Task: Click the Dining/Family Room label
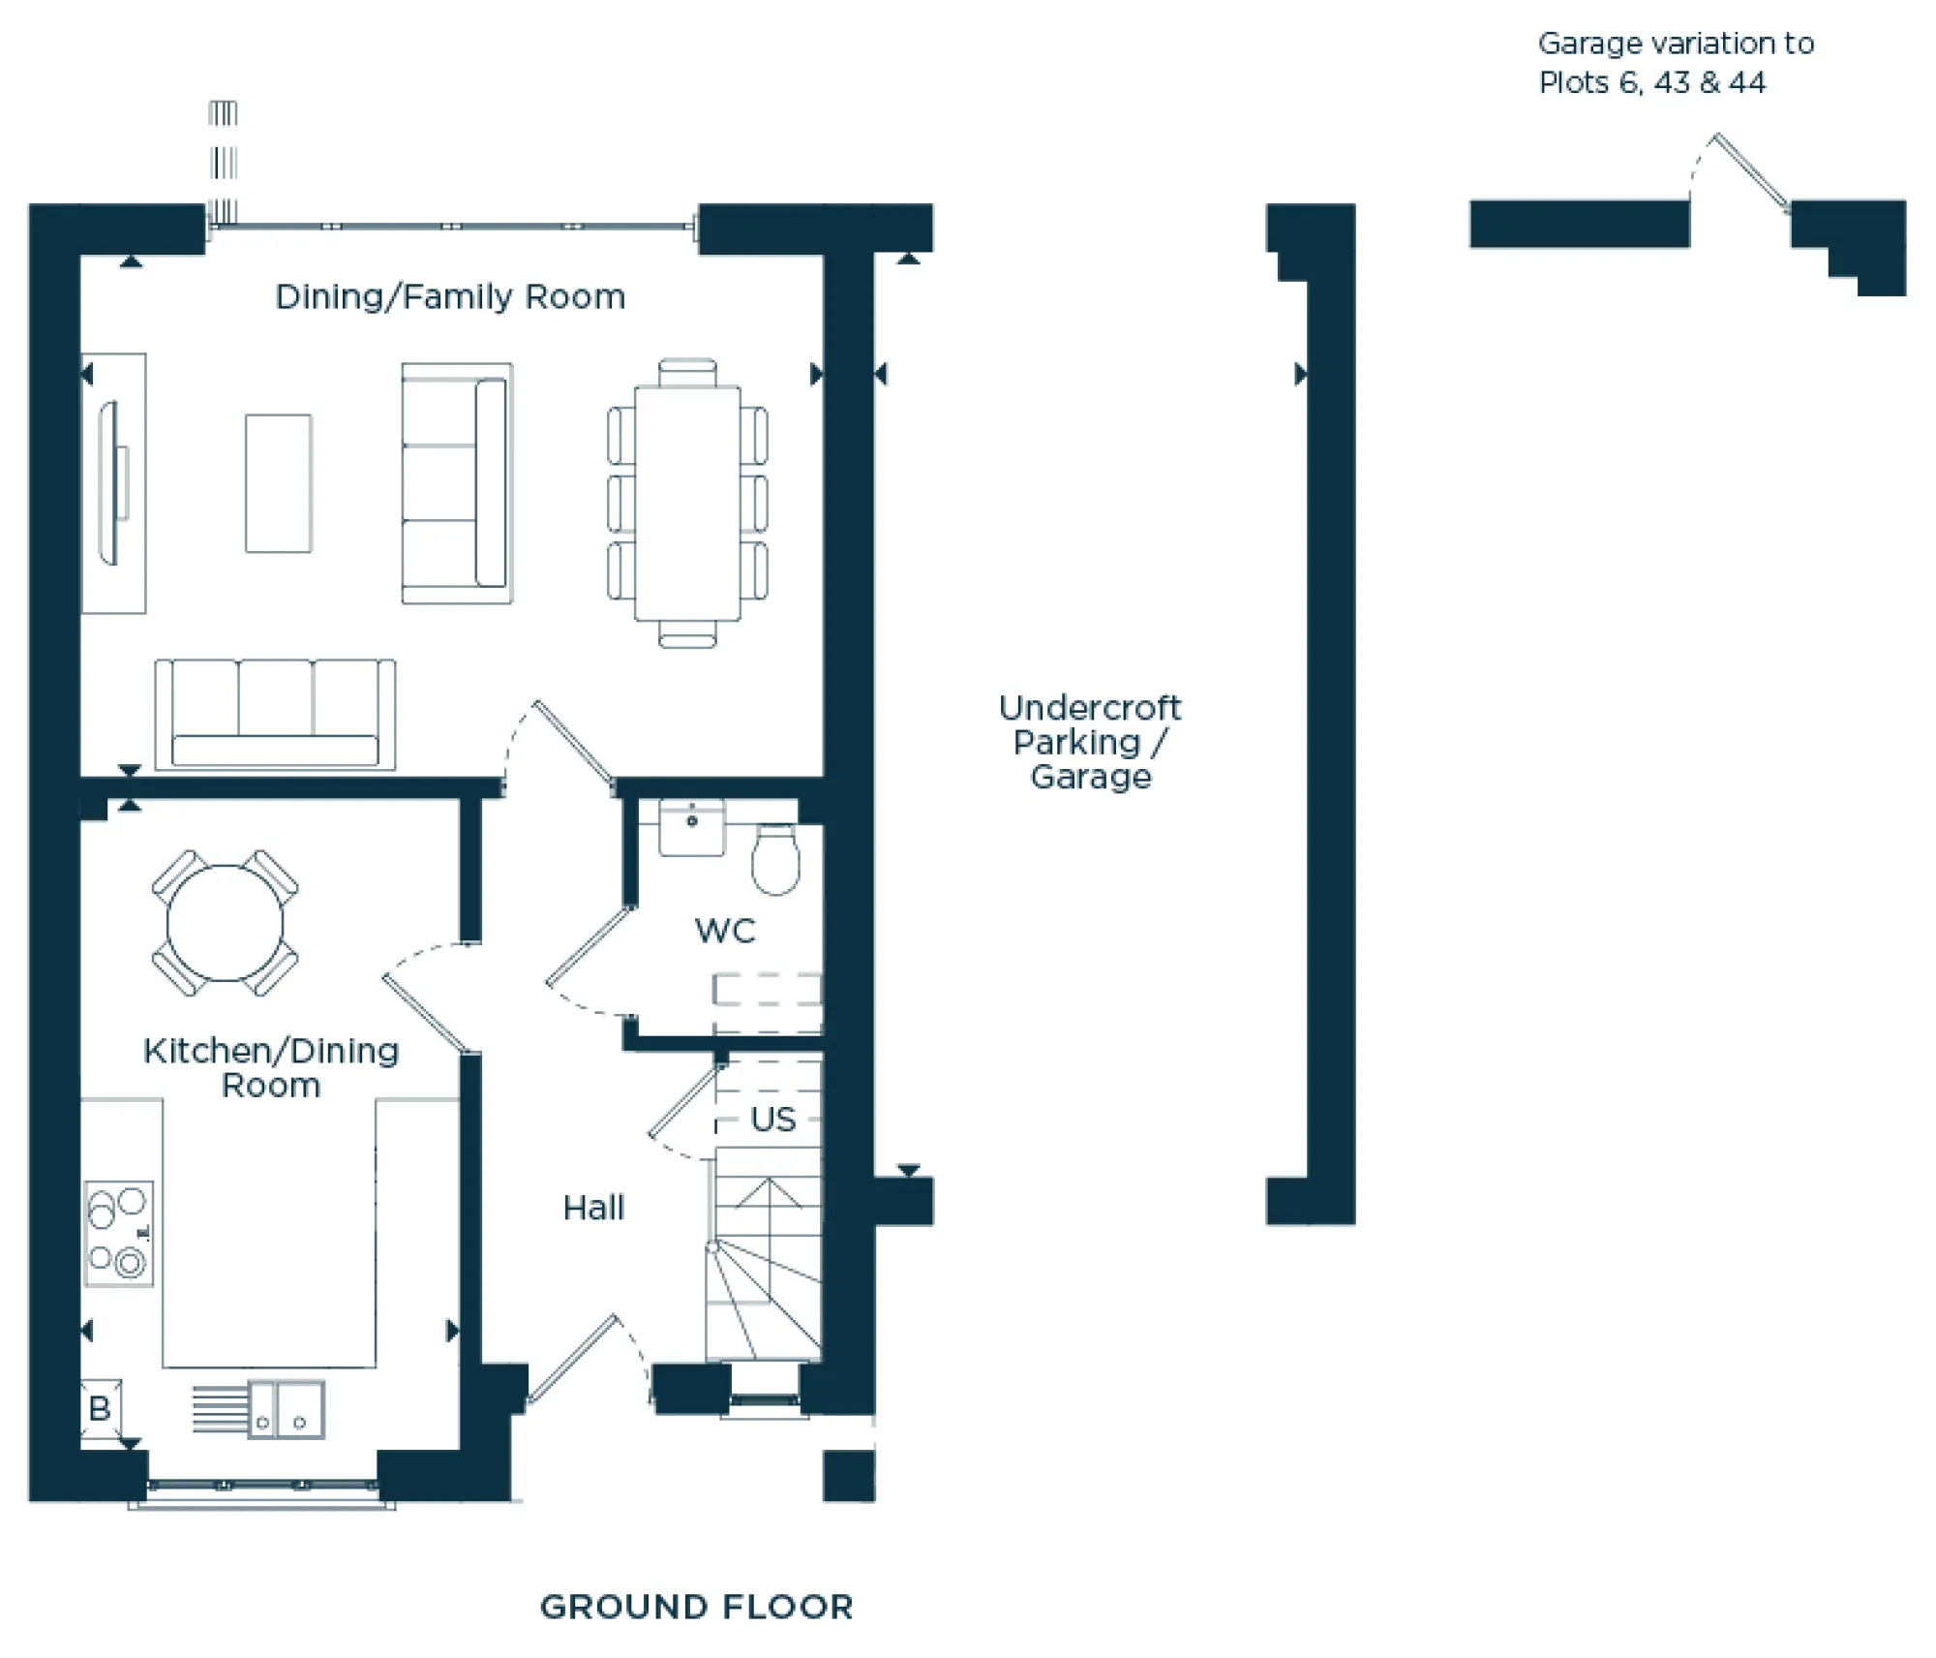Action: (x=450, y=296)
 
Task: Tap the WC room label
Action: (x=725, y=931)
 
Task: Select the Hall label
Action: (x=593, y=1208)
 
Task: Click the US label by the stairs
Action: (x=772, y=1120)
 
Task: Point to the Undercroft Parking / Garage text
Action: (x=1090, y=742)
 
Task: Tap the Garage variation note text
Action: (x=1675, y=63)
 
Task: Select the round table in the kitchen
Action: (x=225, y=923)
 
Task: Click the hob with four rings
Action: (x=118, y=1233)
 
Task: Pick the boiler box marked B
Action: (x=100, y=1408)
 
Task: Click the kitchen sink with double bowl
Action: (x=286, y=1409)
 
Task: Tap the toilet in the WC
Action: (x=775, y=859)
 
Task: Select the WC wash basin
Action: (x=691, y=828)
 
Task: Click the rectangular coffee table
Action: (x=278, y=483)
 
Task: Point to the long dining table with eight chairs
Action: (x=687, y=503)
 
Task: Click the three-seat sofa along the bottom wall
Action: (x=275, y=715)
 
